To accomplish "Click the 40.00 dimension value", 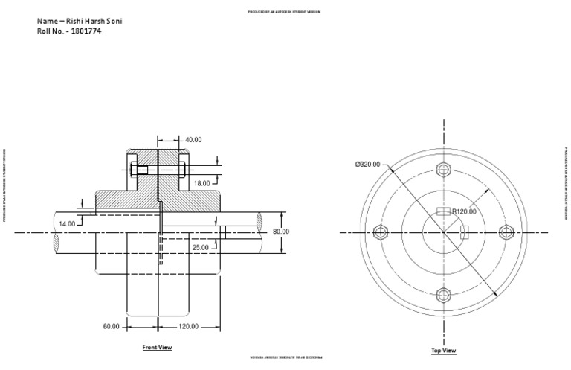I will tap(193, 139).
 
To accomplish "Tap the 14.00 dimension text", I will tap(67, 223).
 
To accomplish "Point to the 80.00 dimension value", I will tap(280, 232).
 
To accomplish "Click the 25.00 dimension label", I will tap(201, 247).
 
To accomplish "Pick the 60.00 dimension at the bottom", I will tap(111, 326).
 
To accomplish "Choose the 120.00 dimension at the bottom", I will tap(188, 326).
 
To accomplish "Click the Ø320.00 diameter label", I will tap(368, 164).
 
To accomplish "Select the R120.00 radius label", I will tap(464, 211).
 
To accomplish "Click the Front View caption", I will tap(157, 347).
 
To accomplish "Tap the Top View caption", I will tap(443, 350).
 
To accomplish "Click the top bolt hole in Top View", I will tap(444, 168).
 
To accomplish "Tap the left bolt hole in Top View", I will tap(380, 232).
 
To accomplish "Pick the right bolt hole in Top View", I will tap(507, 232).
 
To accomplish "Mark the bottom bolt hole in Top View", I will tap(444, 295).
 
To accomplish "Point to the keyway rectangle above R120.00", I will tap(444, 212).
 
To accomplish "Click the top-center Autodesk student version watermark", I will tap(285, 13).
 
